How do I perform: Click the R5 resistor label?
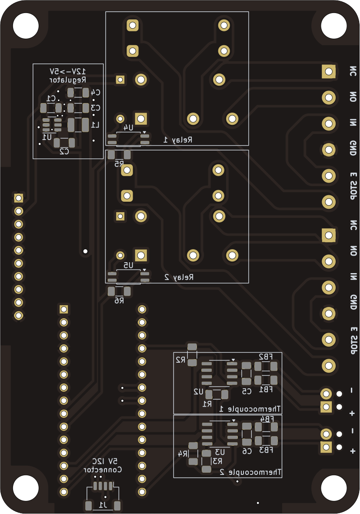click(x=119, y=164)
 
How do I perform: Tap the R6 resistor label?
click(x=119, y=300)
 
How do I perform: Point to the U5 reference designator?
click(x=128, y=265)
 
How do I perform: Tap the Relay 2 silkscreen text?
click(x=179, y=277)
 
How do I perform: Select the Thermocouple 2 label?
click(x=250, y=472)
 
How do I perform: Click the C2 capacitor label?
click(x=64, y=151)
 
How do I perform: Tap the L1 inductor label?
click(x=95, y=125)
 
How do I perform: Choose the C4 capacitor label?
click(x=95, y=92)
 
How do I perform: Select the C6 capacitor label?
click(x=247, y=451)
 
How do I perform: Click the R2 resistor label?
click(x=180, y=360)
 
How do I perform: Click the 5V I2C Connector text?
click(x=104, y=465)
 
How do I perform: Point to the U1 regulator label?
click(x=47, y=137)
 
